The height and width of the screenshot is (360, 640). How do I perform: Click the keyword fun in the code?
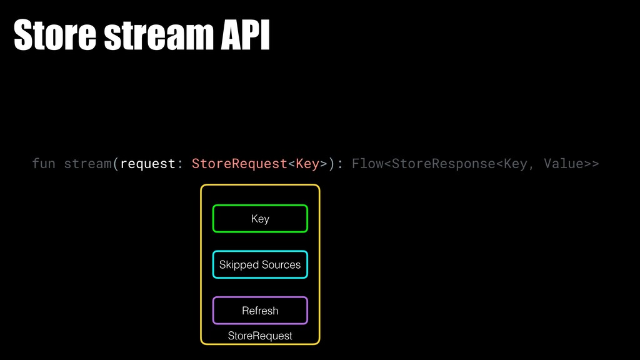pyautogui.click(x=44, y=164)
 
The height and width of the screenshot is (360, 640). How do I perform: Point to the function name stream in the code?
pyautogui.click(x=88, y=164)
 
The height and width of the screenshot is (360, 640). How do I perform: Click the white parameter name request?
pyautogui.click(x=148, y=164)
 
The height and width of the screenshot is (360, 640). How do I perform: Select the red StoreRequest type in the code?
pyautogui.click(x=239, y=164)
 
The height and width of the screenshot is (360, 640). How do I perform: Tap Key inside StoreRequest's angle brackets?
pyautogui.click(x=307, y=164)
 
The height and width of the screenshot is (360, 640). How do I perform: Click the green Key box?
pyautogui.click(x=260, y=219)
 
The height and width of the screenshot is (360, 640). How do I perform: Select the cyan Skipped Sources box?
pyautogui.click(x=260, y=265)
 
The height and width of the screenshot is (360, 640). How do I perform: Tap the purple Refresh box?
pyautogui.click(x=260, y=311)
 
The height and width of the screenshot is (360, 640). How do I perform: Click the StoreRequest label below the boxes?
pyautogui.click(x=260, y=336)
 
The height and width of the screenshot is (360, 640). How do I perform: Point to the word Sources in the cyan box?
pyautogui.click(x=281, y=265)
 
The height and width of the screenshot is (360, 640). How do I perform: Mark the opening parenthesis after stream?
pyautogui.click(x=116, y=164)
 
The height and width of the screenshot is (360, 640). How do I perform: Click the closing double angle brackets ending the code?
pyautogui.click(x=592, y=164)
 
